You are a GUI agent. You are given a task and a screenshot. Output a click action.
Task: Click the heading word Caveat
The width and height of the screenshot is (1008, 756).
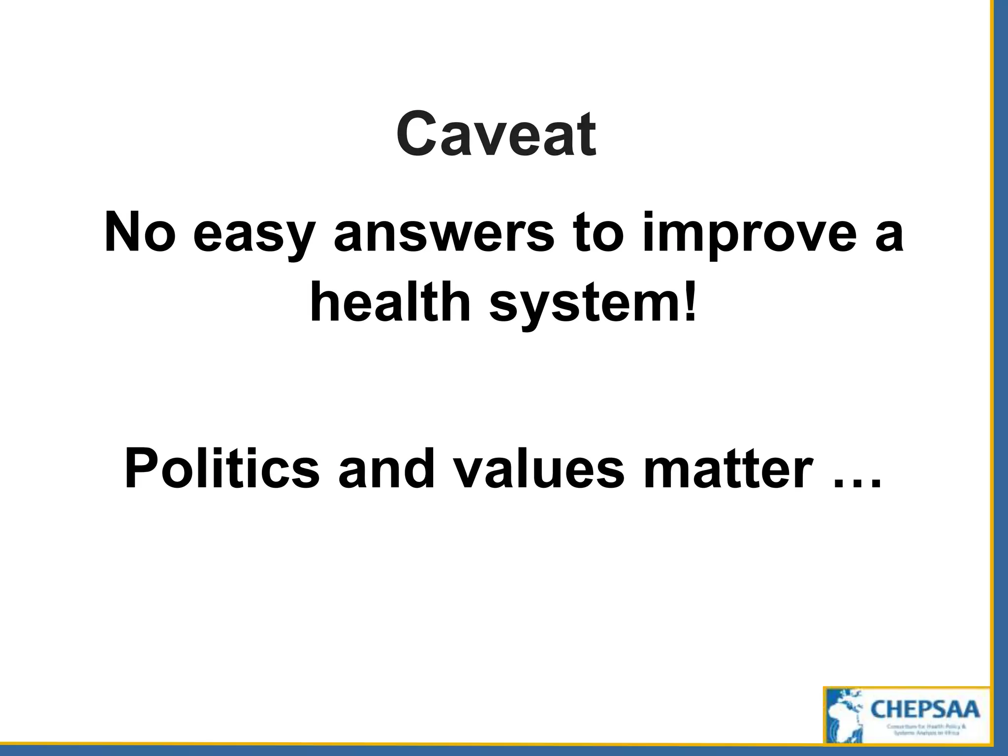coord(496,134)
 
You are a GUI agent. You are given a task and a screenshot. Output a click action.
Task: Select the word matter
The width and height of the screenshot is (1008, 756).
coord(729,469)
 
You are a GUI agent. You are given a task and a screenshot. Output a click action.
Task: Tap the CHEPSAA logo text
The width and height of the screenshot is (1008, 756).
coord(925,710)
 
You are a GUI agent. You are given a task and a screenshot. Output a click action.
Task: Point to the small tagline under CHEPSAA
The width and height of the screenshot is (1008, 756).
coord(926,729)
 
